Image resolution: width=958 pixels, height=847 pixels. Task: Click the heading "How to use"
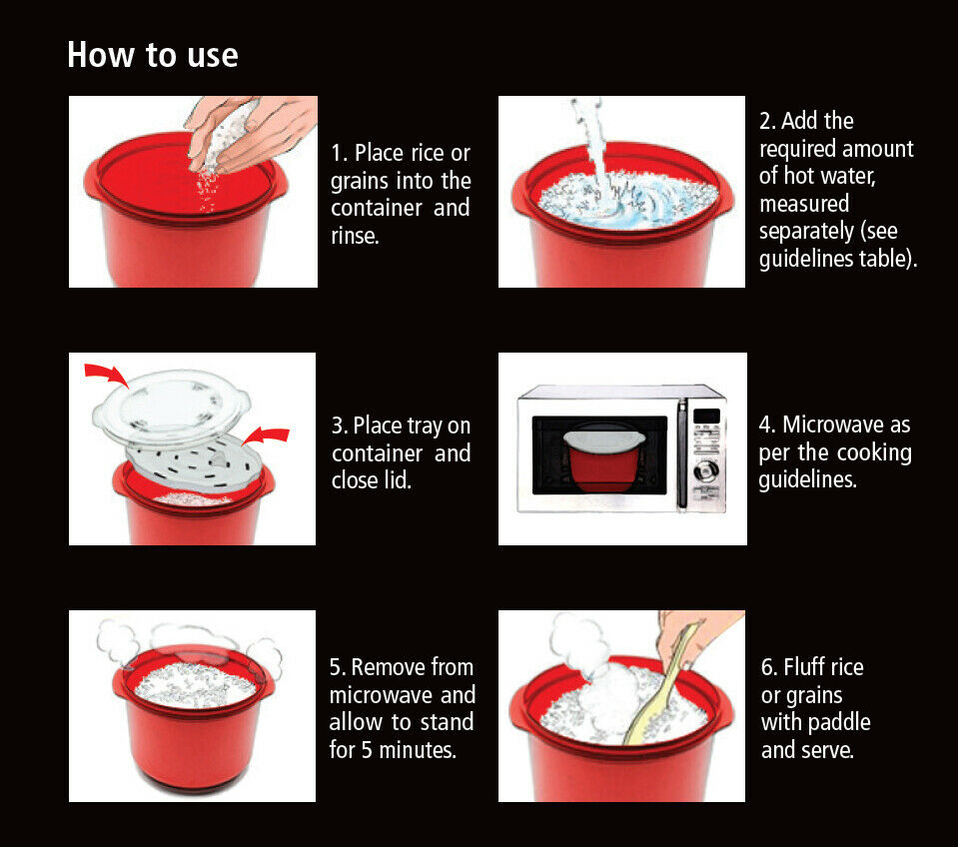pyautogui.click(x=152, y=55)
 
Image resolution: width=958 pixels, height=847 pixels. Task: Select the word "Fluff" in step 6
pyautogui.click(x=824, y=667)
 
